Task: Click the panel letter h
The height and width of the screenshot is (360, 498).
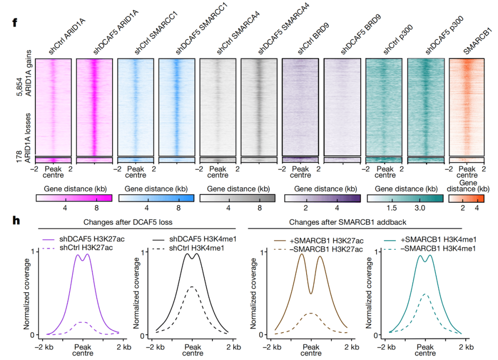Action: (16, 220)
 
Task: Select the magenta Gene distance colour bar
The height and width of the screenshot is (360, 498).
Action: (74, 198)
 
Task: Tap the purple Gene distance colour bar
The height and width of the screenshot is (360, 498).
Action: (322, 198)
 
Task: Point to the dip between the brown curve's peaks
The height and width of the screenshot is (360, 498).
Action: (311, 293)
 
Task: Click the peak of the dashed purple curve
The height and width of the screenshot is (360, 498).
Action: (82, 322)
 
